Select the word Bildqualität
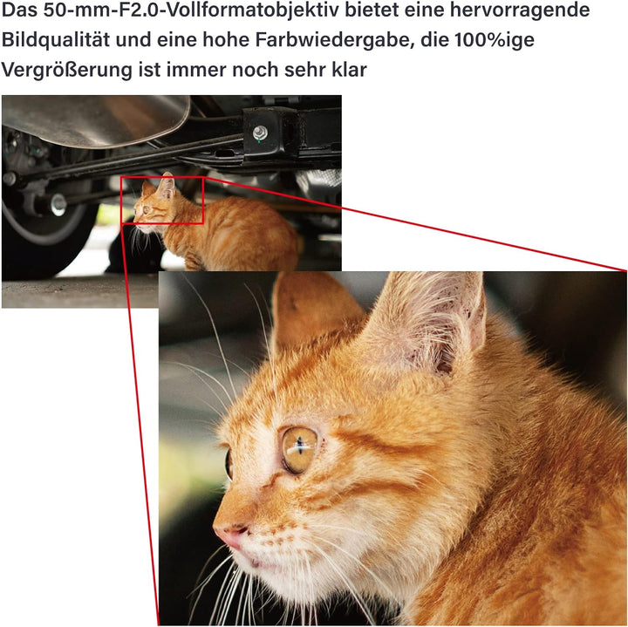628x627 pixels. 57,40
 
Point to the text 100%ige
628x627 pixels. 495,40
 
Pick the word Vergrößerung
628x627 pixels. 67,70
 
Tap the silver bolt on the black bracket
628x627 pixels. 260,132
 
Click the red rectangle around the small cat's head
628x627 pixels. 162,177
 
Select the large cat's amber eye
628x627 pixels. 299,450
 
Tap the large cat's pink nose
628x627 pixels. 231,535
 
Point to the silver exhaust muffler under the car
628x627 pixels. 95,119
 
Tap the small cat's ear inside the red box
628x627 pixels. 167,185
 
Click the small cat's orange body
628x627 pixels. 232,236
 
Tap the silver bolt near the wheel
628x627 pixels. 58,204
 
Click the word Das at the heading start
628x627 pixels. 19,10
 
